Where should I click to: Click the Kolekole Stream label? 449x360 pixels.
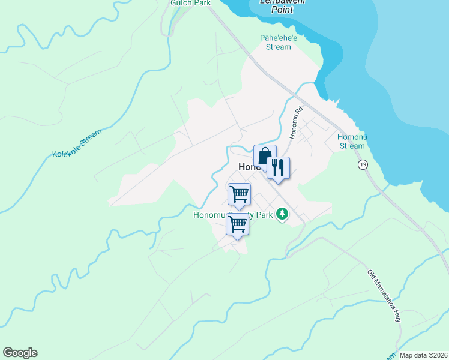[x=77, y=144]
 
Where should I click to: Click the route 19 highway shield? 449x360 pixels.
[x=362, y=164]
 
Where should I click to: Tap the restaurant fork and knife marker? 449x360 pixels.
[x=278, y=167]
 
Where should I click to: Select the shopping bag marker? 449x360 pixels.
[x=265, y=156]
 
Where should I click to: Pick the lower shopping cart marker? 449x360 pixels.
[x=238, y=224]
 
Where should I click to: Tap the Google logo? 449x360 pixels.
[x=20, y=353]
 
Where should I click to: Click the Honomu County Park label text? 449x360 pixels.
[x=233, y=215]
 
